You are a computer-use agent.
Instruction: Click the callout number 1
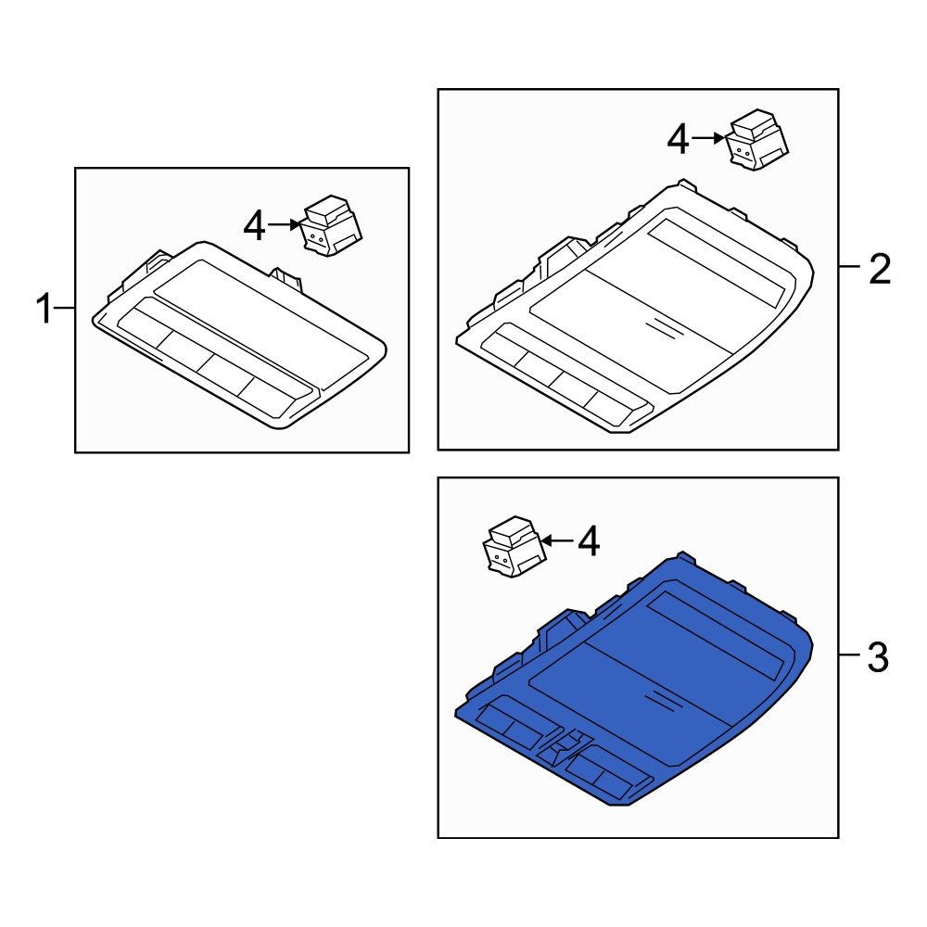44,309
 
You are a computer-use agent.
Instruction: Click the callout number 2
878,269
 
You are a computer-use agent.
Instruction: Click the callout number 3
878,659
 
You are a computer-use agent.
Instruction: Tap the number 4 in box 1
255,225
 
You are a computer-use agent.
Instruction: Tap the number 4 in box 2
679,140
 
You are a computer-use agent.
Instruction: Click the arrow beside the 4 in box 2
707,138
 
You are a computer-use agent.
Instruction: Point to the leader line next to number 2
848,267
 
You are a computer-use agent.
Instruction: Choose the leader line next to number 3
848,656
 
